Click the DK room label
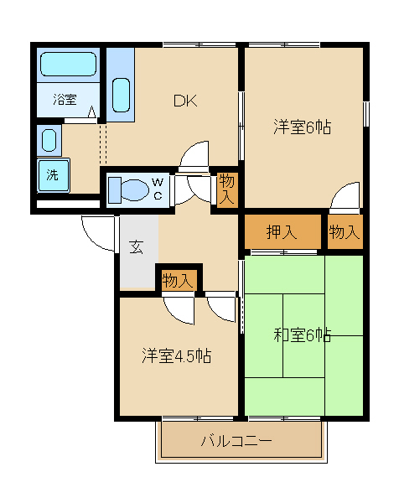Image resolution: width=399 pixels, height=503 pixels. (x=184, y=101)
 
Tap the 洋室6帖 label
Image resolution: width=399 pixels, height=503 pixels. (x=302, y=127)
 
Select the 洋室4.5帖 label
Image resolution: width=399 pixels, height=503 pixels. (x=175, y=355)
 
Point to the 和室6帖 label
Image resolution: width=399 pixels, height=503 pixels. (x=302, y=335)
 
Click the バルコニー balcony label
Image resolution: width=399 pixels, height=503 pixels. (x=236, y=441)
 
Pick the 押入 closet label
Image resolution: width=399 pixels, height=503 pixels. (x=281, y=233)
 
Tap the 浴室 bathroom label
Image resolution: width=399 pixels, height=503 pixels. (x=65, y=100)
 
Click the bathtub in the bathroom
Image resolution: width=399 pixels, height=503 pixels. (x=67, y=65)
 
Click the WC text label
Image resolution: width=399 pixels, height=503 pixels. (x=158, y=189)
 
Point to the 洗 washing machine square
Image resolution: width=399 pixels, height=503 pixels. (x=53, y=176)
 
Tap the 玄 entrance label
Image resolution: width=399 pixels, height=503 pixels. (x=136, y=246)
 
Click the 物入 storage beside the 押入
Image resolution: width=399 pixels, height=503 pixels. (x=344, y=233)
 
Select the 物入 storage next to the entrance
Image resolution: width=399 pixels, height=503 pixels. (x=178, y=280)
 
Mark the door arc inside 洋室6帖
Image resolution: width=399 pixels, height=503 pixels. (x=344, y=197)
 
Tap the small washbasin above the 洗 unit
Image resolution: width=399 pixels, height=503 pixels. (x=49, y=138)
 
